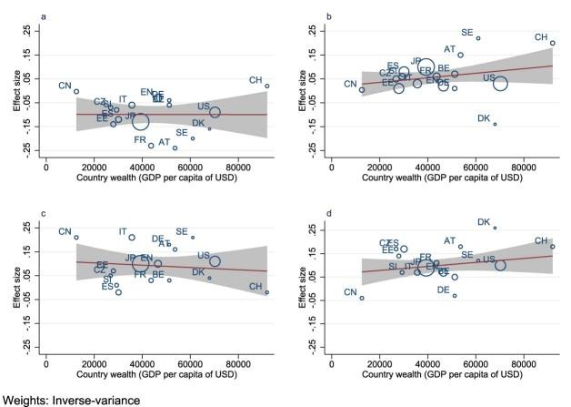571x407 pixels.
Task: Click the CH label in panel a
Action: (x=255, y=80)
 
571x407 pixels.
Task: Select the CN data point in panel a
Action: (x=76, y=91)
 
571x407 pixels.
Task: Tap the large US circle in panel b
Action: (x=500, y=83)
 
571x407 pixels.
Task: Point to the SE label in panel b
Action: (x=466, y=33)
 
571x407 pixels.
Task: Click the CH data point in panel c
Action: (x=267, y=292)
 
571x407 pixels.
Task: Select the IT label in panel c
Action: (x=123, y=232)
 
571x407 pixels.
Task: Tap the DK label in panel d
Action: (x=484, y=221)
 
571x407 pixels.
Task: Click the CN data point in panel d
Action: (x=362, y=298)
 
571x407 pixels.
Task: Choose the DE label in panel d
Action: (x=443, y=290)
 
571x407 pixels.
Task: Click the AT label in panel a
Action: (x=164, y=142)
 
